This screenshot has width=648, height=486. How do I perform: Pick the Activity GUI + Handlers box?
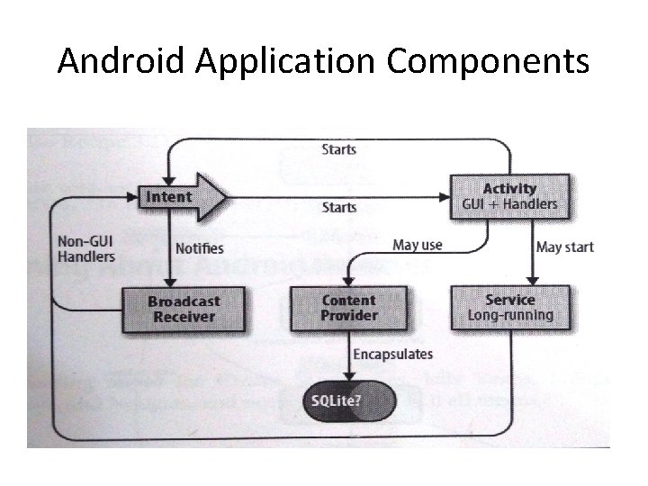click(508, 195)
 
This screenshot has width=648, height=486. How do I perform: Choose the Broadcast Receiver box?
click(183, 308)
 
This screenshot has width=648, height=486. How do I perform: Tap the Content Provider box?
click(348, 308)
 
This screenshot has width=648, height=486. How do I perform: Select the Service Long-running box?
click(509, 307)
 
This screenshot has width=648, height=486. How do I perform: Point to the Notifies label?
click(200, 247)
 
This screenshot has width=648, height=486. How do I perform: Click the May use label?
click(418, 245)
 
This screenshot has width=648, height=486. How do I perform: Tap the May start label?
click(565, 247)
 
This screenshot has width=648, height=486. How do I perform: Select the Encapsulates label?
click(392, 355)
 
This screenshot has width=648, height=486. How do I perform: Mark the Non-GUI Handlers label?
click(86, 248)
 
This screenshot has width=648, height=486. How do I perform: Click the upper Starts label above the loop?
click(338, 149)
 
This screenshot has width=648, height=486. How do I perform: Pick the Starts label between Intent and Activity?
click(338, 207)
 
